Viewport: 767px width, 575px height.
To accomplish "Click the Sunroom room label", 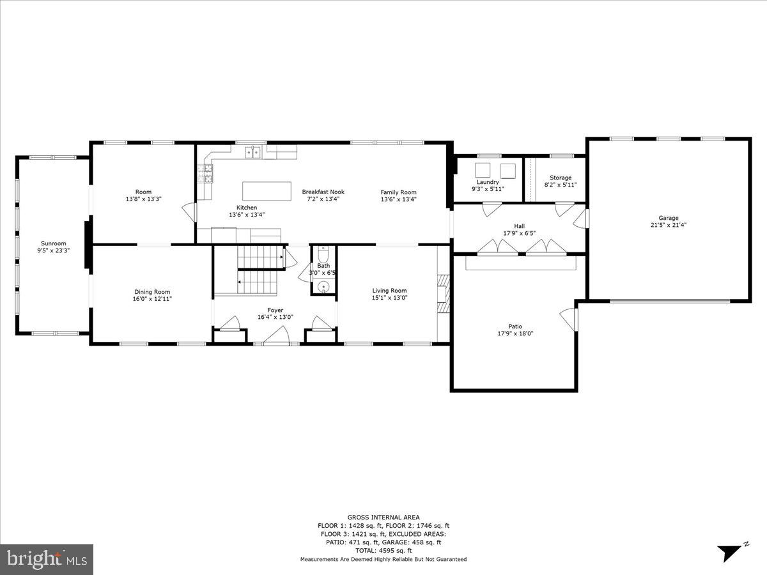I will coord(54,243).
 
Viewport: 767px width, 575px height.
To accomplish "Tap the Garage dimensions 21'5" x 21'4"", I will coord(669,225).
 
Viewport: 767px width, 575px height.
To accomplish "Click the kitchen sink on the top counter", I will coord(254,152).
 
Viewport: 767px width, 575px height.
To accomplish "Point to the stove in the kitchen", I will coord(205,174).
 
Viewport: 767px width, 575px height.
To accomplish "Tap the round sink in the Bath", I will coord(324,286).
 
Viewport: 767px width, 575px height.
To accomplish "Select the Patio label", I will coord(515,326).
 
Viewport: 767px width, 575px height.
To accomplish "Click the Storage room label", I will coord(561,178).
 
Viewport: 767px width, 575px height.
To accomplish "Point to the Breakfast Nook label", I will coord(323,192).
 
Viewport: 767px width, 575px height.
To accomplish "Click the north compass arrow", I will coord(729,551).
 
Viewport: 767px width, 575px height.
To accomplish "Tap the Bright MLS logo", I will coord(47,559).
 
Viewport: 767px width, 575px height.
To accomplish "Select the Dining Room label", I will coord(152,292).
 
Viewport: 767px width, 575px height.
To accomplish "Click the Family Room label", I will coord(398,192).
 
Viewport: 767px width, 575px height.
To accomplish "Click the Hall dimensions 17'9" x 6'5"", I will coord(519,233).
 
